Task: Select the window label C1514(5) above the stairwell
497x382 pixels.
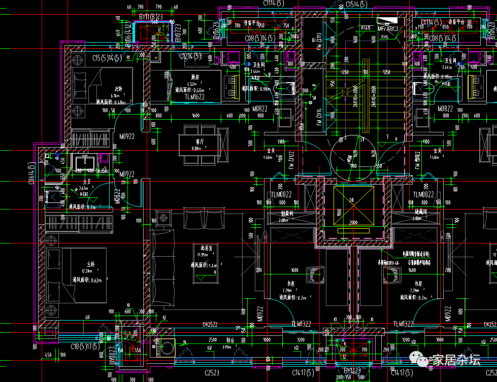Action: tap(358, 4)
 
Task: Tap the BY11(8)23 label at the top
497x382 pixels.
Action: tap(151, 17)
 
